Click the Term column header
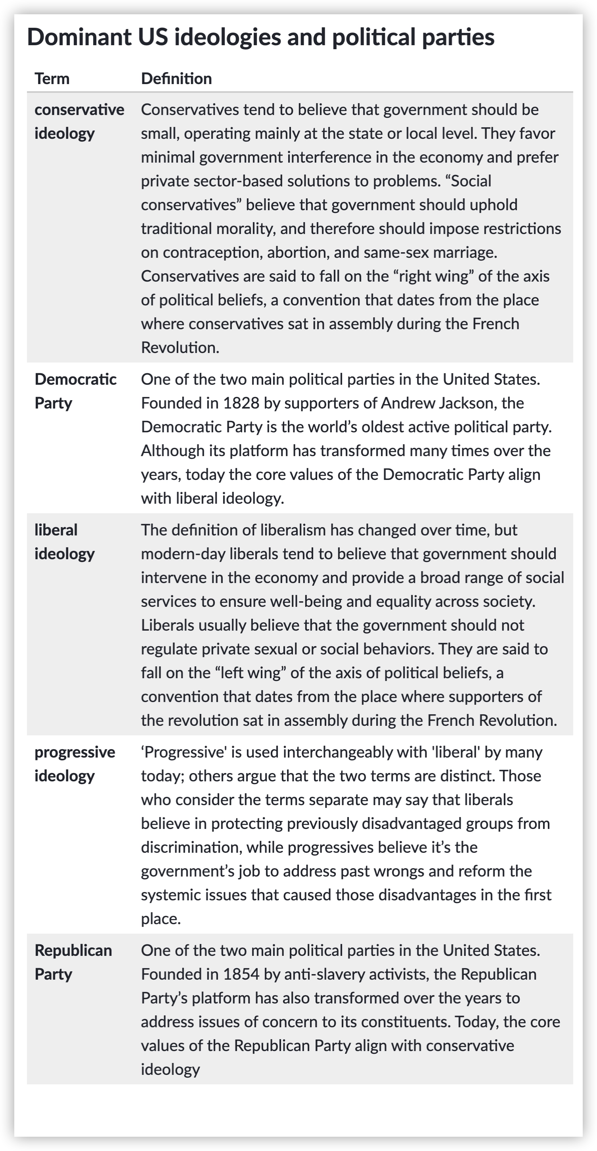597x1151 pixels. click(x=52, y=79)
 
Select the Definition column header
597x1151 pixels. click(x=176, y=79)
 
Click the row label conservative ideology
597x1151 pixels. click(x=79, y=121)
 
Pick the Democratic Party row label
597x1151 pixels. click(x=75, y=391)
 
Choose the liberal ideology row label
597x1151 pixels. click(x=64, y=541)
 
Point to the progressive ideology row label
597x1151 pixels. click(x=75, y=763)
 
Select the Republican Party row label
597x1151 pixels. click(x=73, y=961)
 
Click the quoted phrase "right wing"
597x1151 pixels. click(x=433, y=276)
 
